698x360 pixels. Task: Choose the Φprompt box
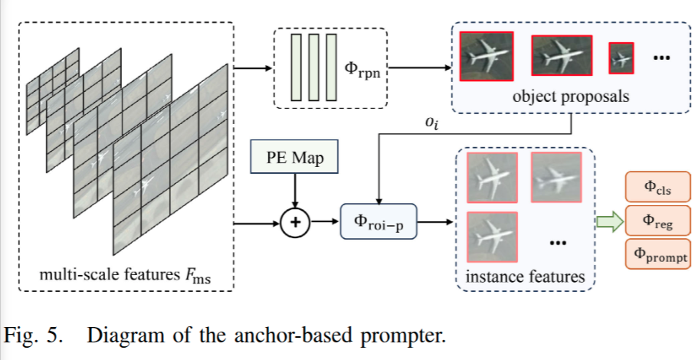pyautogui.click(x=658, y=254)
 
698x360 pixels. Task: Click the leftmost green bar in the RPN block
pyautogui.click(x=295, y=67)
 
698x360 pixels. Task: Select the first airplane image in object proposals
pyautogui.click(x=485, y=56)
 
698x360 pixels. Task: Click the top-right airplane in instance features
pyautogui.click(x=555, y=178)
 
